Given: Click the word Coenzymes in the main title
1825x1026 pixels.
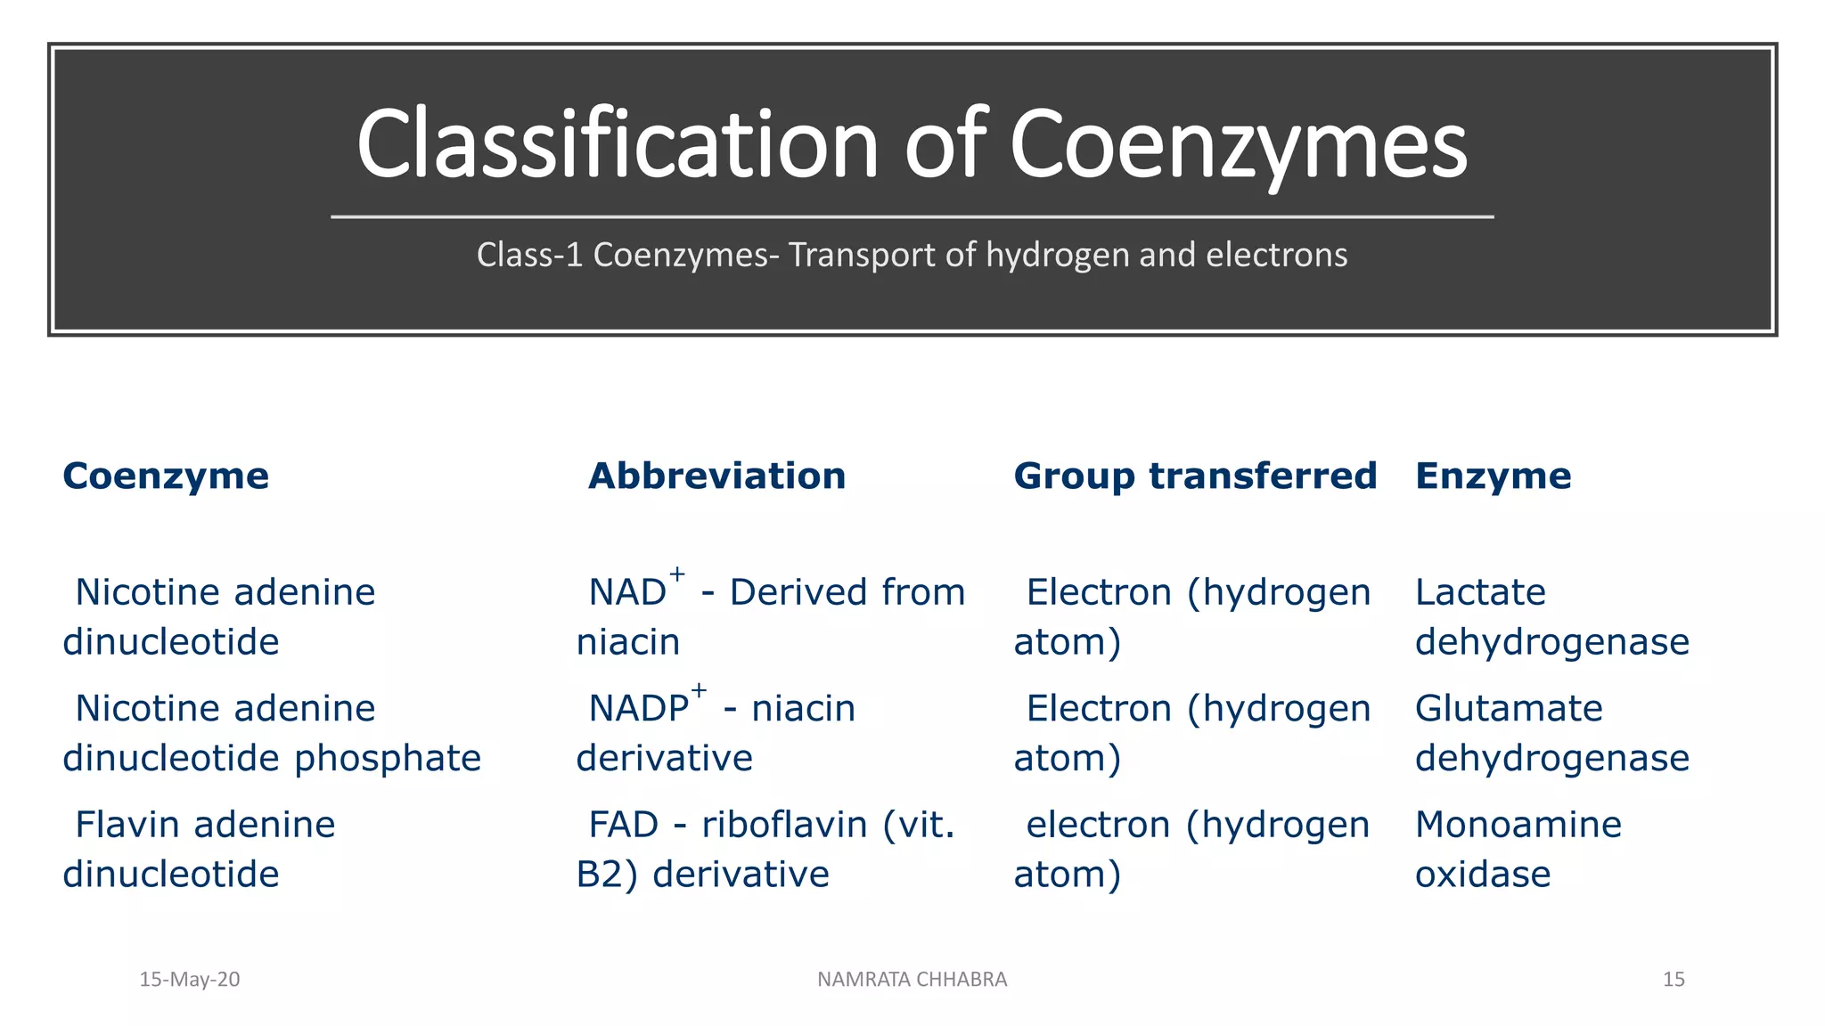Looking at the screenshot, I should [x=1238, y=145].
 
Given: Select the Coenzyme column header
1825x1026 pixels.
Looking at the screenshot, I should [x=166, y=476].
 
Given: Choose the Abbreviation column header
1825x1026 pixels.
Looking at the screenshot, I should [x=716, y=476].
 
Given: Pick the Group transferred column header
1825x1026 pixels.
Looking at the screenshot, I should [x=1195, y=476].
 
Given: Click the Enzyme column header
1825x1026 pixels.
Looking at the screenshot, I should [x=1493, y=476].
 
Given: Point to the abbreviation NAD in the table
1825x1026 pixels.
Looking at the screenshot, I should [x=627, y=593].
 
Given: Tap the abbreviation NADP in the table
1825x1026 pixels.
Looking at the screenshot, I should [x=639, y=710].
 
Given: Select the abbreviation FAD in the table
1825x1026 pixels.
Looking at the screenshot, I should [x=624, y=826].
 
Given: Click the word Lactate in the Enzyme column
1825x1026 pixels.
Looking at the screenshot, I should [x=1480, y=593].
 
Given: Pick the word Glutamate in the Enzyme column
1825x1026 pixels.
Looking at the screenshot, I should [x=1509, y=710].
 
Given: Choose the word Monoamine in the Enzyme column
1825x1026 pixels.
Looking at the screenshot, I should [x=1518, y=826].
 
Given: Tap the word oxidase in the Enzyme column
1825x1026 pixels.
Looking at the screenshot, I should [x=1483, y=875].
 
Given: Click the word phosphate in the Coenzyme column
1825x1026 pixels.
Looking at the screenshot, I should [x=388, y=760].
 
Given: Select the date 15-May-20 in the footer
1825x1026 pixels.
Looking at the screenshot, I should [x=190, y=980].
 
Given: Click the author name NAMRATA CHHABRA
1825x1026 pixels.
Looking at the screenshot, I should [x=912, y=980].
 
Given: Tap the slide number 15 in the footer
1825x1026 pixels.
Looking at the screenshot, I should [x=1674, y=980].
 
